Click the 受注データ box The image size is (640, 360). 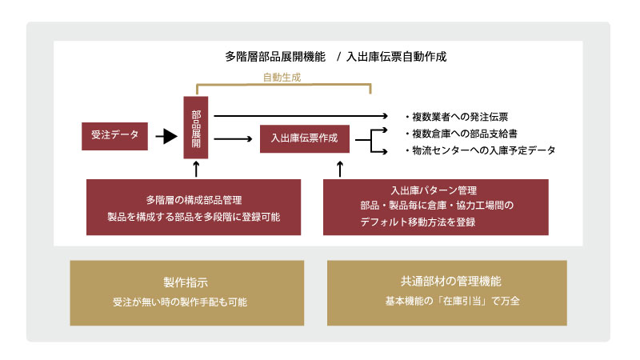[115, 136]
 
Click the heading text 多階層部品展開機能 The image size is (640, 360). [275, 57]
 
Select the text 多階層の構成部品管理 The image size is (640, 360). [194, 200]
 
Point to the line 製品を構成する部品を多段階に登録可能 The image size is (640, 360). [194, 217]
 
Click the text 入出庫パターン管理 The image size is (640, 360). [434, 190]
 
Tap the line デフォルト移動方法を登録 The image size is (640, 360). [418, 222]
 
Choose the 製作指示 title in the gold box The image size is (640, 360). [186, 282]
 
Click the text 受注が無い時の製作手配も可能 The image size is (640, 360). [186, 303]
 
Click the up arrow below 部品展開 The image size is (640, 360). [197, 169]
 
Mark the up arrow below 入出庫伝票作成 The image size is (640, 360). [340, 169]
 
